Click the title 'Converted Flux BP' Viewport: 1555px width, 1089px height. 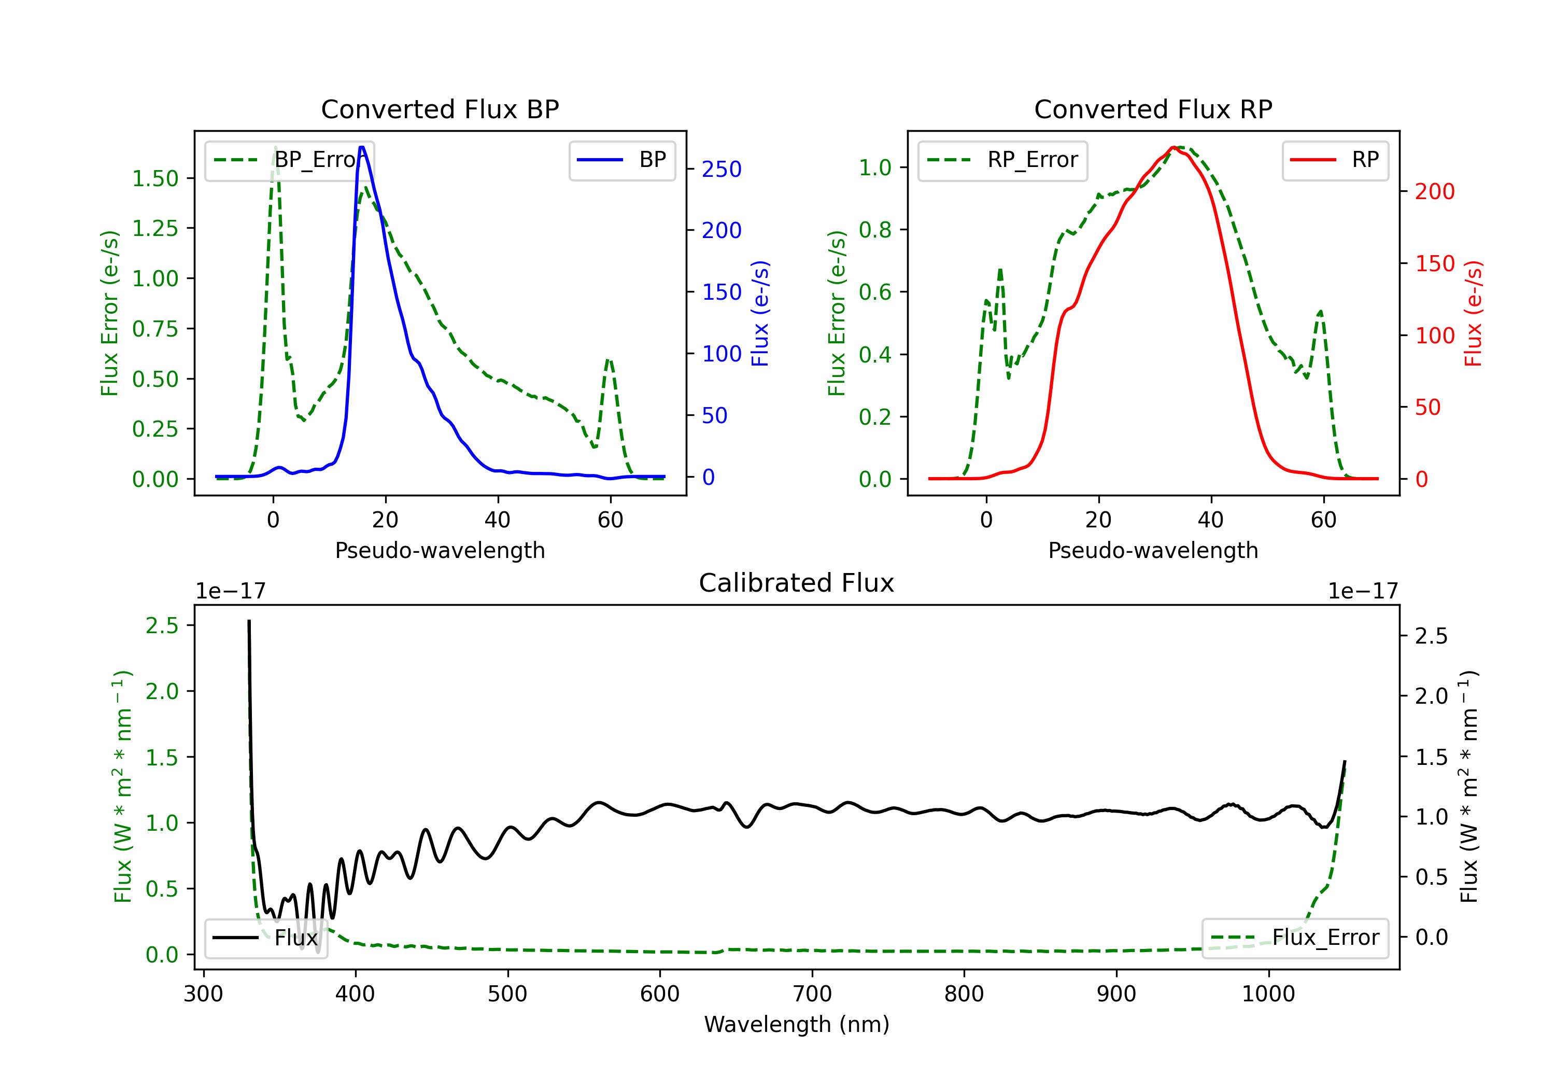(440, 109)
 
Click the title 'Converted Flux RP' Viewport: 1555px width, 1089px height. (1153, 109)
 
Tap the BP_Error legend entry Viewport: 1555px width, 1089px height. (289, 160)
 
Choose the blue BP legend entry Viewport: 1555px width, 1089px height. (621, 160)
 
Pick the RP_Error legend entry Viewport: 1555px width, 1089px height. (1002, 160)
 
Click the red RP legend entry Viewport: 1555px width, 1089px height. (1335, 160)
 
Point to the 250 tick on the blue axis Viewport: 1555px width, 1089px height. (722, 170)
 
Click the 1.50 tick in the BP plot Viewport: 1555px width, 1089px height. (155, 178)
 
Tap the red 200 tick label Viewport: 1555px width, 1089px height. (1434, 192)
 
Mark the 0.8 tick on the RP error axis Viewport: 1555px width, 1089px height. (875, 230)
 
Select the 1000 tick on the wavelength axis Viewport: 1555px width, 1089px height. (1268, 994)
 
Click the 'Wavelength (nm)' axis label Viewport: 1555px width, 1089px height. (797, 1024)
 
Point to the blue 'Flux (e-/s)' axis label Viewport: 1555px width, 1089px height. (760, 313)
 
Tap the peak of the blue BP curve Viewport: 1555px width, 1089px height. (362, 147)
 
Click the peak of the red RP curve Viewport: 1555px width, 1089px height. (1173, 148)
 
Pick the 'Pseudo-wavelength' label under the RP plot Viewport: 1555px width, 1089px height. (1153, 550)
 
